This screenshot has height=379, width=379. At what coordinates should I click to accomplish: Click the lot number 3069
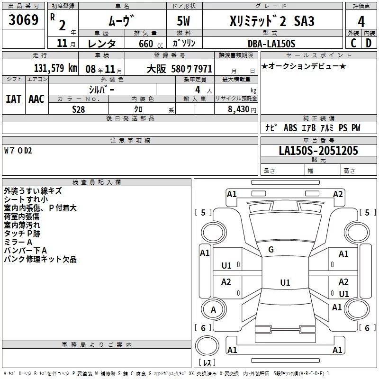(x=24, y=20)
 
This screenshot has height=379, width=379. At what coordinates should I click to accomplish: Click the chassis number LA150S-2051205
(x=318, y=151)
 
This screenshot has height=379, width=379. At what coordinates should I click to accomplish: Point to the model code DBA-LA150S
(x=271, y=44)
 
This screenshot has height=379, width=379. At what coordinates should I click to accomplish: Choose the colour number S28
(x=79, y=108)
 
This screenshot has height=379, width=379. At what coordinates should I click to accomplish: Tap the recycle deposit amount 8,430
(x=241, y=109)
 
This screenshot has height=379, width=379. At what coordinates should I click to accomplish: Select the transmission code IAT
(x=13, y=99)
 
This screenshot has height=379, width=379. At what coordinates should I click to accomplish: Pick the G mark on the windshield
(x=271, y=250)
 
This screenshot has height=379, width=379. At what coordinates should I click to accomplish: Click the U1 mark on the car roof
(x=285, y=283)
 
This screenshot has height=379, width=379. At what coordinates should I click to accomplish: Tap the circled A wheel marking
(x=213, y=310)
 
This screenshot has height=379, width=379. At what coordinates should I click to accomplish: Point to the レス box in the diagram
(x=207, y=363)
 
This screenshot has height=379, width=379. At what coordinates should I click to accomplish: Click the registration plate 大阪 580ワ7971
(x=180, y=68)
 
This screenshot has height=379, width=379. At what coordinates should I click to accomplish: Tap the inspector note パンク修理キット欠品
(x=40, y=260)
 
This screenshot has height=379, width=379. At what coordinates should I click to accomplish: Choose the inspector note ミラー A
(x=18, y=242)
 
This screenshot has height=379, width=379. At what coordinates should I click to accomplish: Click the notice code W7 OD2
(x=18, y=151)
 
